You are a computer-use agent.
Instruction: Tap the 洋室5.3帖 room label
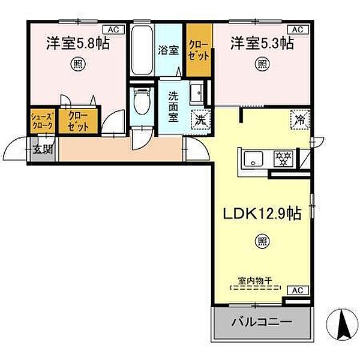[262, 43]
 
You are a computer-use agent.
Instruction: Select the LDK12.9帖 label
[262, 213]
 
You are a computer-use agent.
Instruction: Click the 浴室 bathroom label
[168, 50]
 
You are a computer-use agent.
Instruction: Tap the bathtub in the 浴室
[141, 51]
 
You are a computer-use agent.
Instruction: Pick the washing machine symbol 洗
[199, 119]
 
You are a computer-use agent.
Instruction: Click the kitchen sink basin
[254, 159]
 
